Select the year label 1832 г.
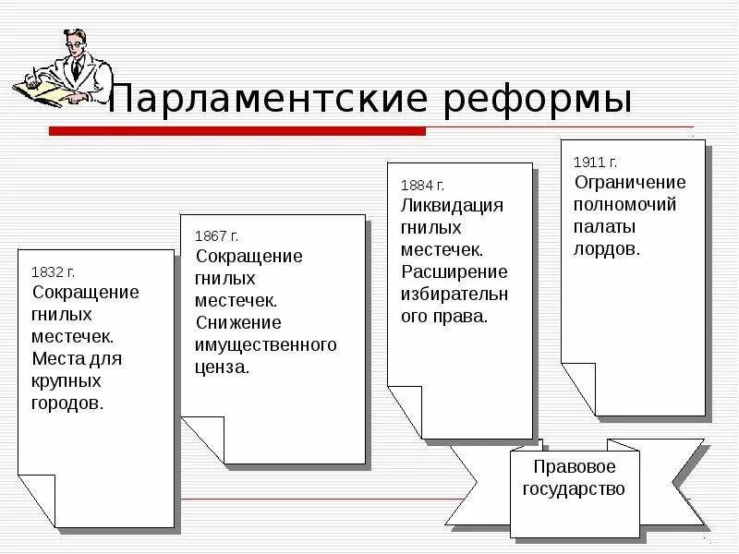53,271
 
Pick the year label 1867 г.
216,236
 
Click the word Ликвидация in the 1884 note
453,205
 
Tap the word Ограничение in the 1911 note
630,182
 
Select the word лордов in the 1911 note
605,248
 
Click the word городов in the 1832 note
67,403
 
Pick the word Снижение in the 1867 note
238,322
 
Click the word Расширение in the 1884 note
454,271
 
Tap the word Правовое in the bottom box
575,467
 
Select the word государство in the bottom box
575,489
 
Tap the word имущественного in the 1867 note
265,344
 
